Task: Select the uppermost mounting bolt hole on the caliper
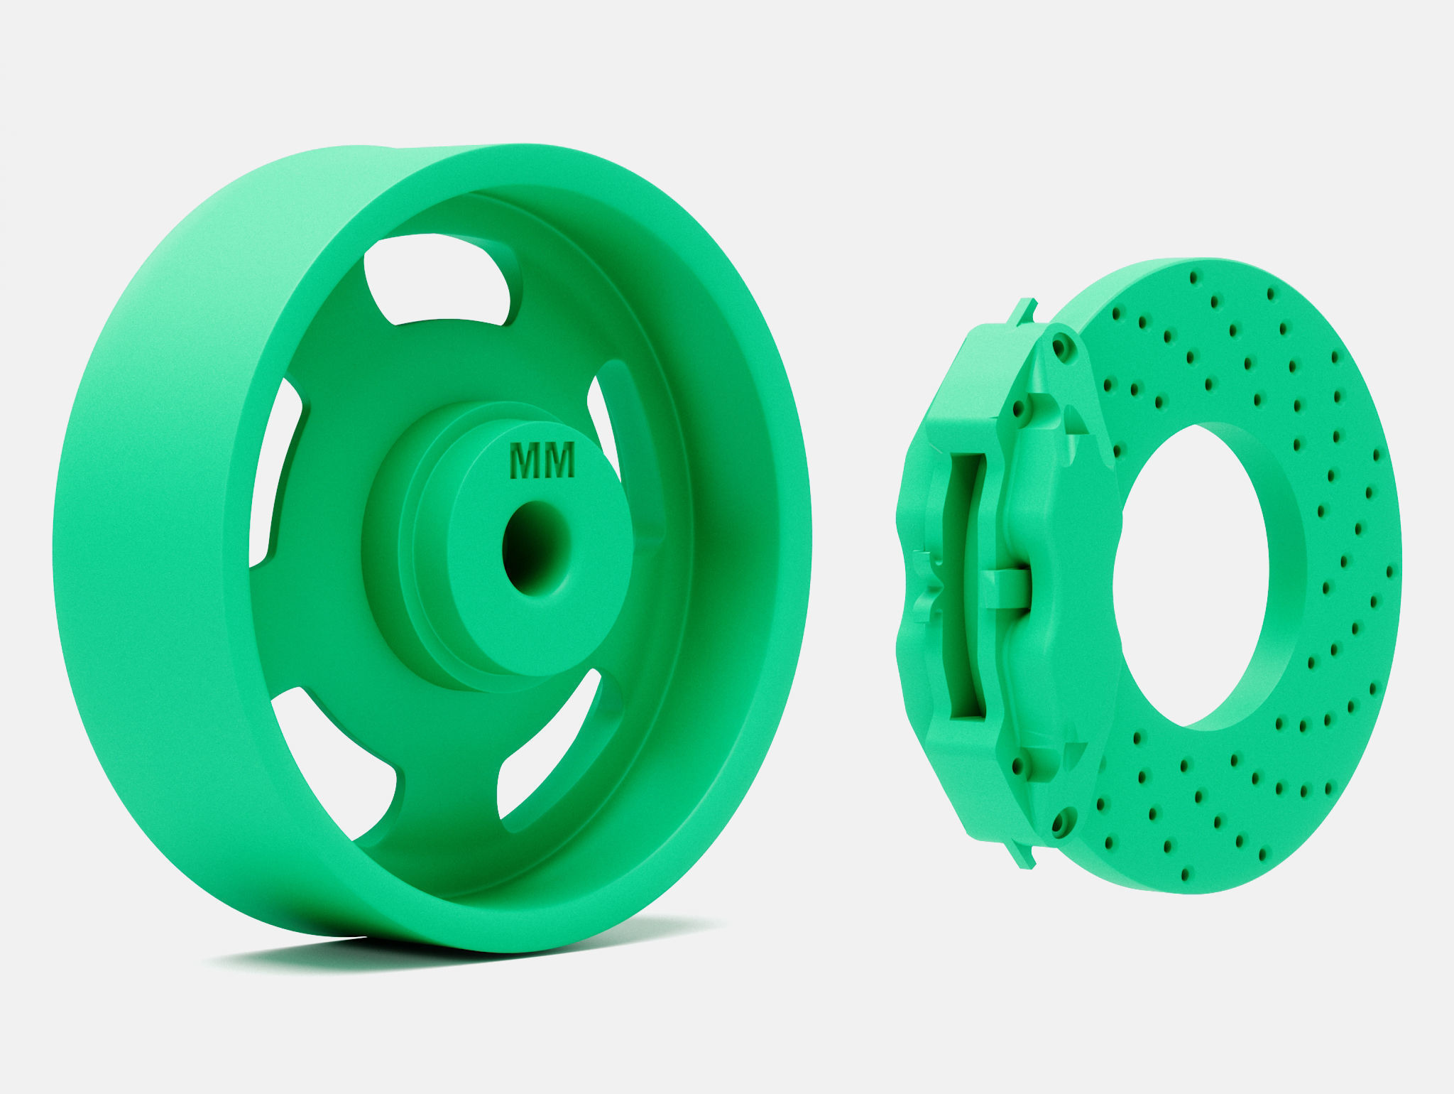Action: (x=1063, y=348)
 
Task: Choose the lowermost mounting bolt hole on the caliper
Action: (x=1060, y=824)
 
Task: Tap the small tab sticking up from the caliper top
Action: (x=1025, y=310)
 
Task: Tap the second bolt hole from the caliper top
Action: (x=1021, y=410)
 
